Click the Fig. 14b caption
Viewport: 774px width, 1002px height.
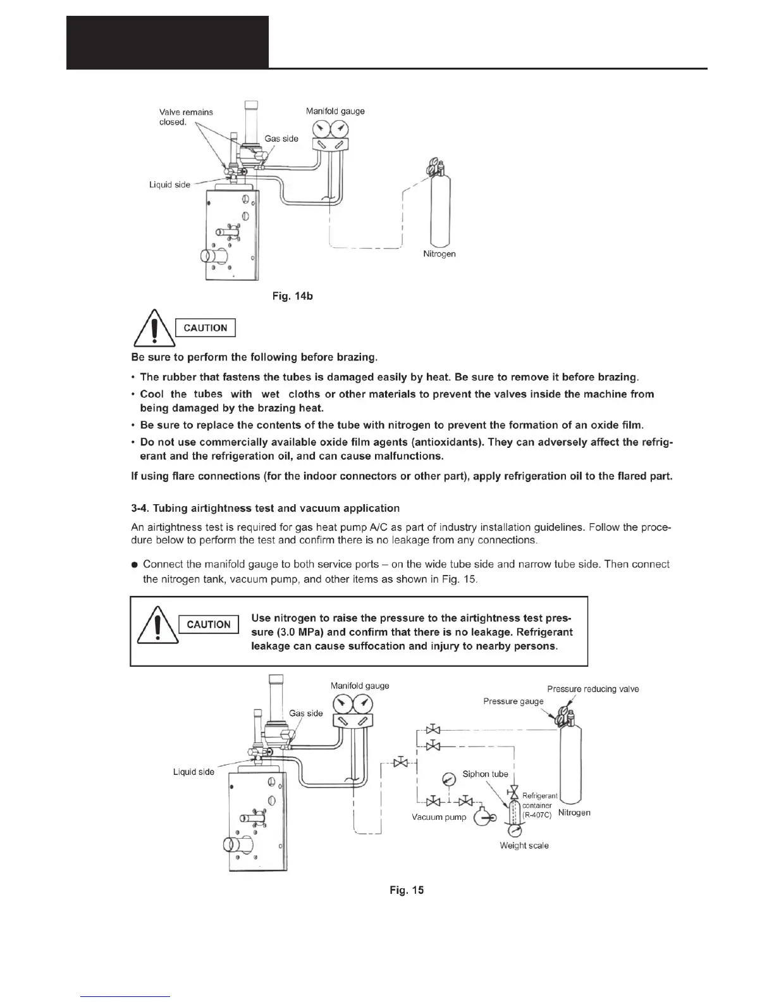292,295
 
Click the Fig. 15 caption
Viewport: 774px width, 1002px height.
407,890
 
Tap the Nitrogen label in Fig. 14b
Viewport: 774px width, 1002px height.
439,254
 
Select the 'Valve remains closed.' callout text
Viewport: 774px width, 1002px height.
185,116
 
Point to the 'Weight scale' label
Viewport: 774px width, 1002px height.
524,845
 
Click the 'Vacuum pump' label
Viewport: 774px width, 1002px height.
439,817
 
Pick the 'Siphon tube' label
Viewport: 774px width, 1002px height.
485,774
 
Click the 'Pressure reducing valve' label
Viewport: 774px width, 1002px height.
593,689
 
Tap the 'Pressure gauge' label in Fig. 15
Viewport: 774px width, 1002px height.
513,701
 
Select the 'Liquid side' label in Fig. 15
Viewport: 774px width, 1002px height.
193,772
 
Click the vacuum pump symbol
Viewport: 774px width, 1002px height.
484,817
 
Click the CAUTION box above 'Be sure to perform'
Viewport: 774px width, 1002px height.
205,328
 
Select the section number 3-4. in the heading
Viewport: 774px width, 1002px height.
140,508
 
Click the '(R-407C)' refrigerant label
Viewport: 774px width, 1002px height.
537,815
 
